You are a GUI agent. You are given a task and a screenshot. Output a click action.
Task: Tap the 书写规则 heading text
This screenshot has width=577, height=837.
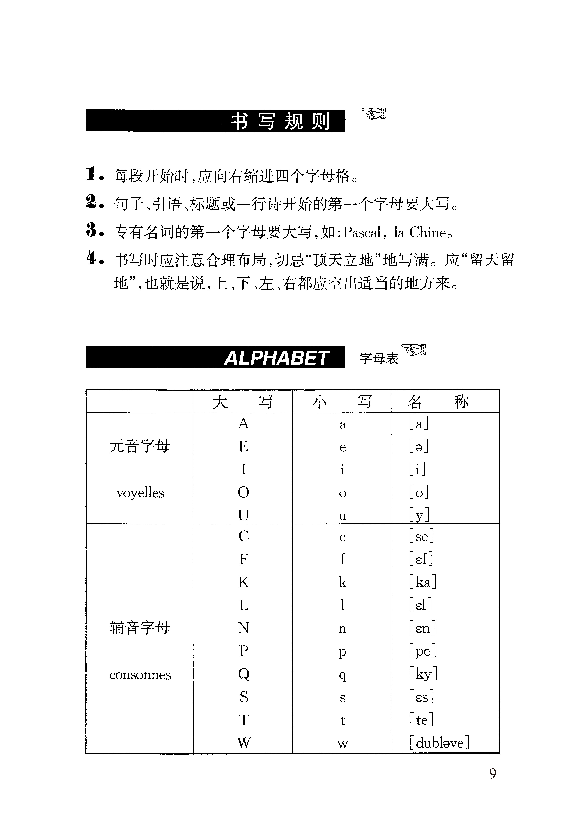[x=280, y=121]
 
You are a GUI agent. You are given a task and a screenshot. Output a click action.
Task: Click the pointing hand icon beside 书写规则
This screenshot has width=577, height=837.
[x=374, y=113]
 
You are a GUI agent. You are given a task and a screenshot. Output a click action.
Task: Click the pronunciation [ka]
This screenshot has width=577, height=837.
[x=423, y=582]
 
